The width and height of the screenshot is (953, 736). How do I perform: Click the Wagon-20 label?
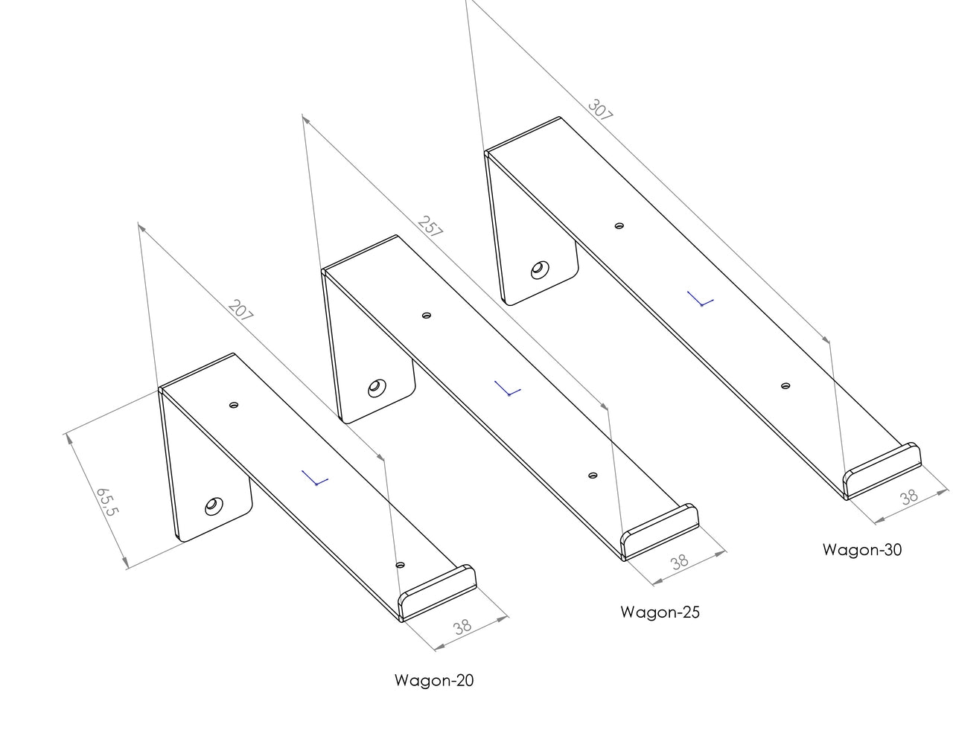point(433,680)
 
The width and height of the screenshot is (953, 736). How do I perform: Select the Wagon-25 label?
point(660,612)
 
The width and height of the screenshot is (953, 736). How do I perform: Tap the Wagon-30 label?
point(861,550)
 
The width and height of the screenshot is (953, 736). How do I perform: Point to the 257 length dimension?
point(430,227)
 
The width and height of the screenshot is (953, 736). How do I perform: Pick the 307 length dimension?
point(600,109)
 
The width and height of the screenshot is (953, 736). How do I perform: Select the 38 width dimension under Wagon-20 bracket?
point(462,626)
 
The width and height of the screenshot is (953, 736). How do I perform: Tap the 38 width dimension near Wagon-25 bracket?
point(680,562)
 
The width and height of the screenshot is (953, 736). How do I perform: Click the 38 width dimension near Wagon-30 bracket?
point(909,498)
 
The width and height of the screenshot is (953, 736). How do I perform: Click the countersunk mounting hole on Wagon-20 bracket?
point(214,506)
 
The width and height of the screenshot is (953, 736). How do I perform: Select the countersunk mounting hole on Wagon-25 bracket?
point(377,388)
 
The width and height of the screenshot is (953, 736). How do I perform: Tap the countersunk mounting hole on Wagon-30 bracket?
point(538,269)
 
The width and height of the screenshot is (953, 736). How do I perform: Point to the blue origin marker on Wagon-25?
point(508,391)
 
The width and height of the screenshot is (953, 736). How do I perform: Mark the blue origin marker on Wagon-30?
point(701,302)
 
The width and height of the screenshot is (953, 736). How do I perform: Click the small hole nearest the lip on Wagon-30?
point(785,385)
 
